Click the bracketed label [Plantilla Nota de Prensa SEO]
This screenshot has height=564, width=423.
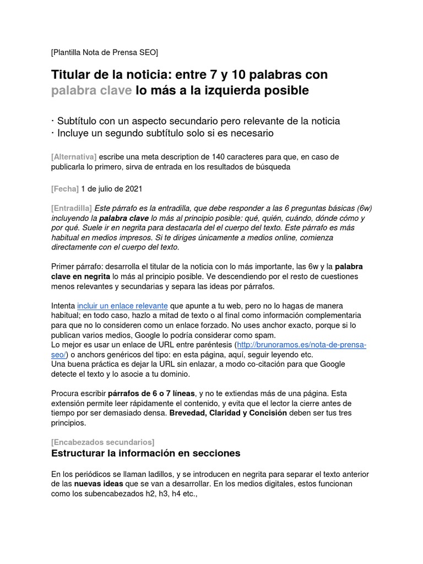pyautogui.click(x=104, y=52)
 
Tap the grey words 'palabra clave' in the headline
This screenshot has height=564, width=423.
pyautogui.click(x=91, y=90)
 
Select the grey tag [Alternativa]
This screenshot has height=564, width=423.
pyautogui.click(x=74, y=157)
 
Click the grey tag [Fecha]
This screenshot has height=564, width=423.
pyautogui.click(x=65, y=189)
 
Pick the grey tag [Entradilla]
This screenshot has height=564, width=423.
pyautogui.click(x=72, y=208)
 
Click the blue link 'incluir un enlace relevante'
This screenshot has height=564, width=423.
pyautogui.click(x=122, y=306)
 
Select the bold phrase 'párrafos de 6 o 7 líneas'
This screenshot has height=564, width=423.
pyautogui.click(x=151, y=393)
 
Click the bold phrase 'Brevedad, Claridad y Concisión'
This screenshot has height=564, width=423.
pyautogui.click(x=228, y=413)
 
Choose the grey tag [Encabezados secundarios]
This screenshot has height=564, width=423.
pyautogui.click(x=102, y=442)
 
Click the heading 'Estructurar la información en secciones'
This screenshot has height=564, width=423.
pyautogui.click(x=145, y=454)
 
